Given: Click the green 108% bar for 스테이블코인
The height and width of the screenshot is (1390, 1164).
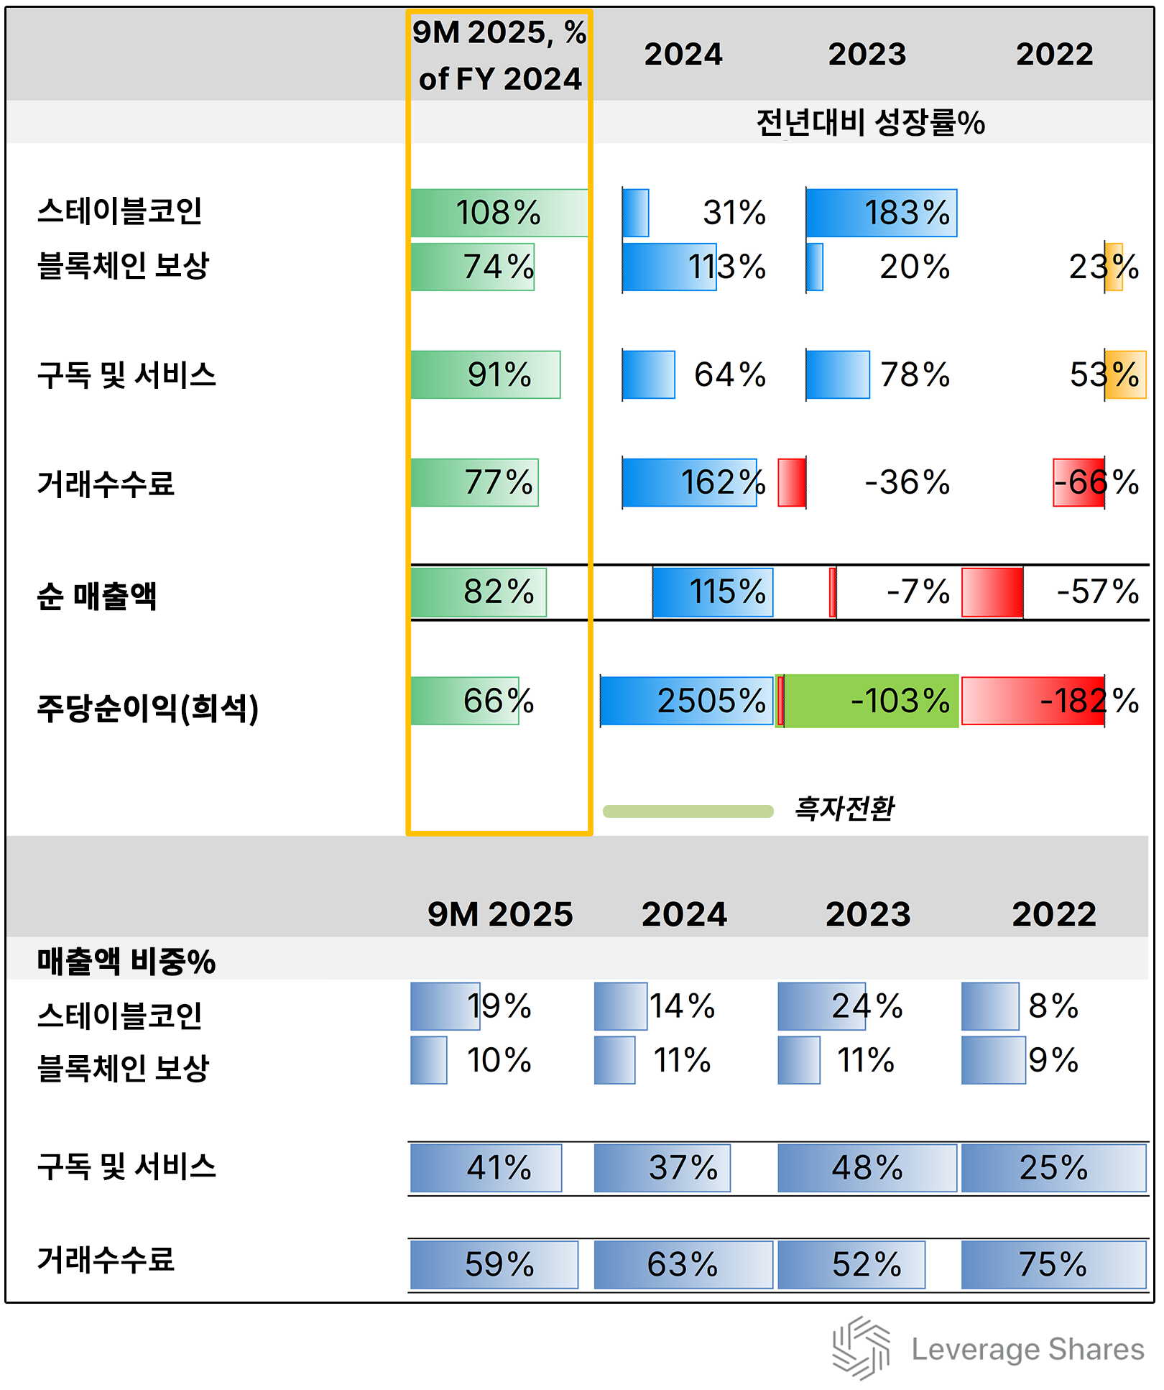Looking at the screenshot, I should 499,213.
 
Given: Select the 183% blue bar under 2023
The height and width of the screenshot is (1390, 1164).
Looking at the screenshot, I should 881,213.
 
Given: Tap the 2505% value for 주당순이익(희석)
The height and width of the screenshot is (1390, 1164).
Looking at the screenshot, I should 711,701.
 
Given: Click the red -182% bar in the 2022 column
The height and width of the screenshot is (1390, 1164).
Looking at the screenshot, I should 1033,701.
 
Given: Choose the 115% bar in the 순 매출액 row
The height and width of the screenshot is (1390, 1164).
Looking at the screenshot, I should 713,592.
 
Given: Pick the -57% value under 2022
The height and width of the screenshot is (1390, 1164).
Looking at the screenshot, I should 1097,592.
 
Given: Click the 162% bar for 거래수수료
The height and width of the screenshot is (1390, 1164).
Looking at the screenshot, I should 690,482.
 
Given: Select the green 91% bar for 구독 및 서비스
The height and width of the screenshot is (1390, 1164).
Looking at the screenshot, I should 486,374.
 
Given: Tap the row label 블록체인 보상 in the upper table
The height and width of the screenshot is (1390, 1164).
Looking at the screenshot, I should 123,265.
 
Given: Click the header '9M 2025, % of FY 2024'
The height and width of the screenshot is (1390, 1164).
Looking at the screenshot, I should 499,55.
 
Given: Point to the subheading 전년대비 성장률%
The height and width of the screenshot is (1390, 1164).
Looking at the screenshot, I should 870,122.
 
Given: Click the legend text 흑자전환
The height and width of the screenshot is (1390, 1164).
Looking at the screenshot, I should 844,809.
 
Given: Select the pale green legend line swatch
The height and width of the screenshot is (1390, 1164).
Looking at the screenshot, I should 688,811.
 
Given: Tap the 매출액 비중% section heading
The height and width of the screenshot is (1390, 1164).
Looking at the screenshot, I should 126,962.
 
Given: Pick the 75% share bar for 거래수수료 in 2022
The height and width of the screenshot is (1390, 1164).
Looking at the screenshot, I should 1053,1264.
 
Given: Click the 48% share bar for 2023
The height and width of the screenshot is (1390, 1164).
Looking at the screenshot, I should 867,1168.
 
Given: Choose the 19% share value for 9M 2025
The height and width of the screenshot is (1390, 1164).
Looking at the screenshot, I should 499,1006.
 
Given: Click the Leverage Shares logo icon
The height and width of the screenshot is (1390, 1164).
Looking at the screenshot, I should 861,1348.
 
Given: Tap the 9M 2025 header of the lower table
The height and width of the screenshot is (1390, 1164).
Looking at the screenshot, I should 500,914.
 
